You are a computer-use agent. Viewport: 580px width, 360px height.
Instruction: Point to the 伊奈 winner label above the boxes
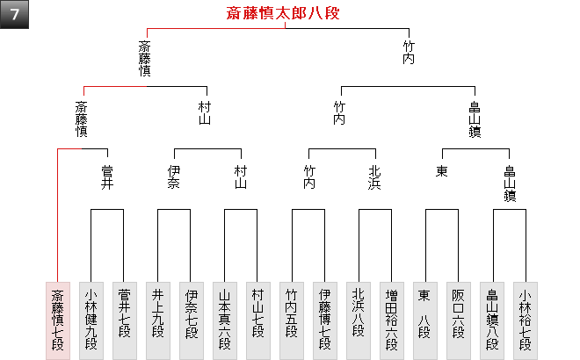tap(174, 177)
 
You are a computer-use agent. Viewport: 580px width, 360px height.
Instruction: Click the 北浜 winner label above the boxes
tap(374, 177)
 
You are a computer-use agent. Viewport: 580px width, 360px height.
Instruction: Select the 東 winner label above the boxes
tap(441, 171)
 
